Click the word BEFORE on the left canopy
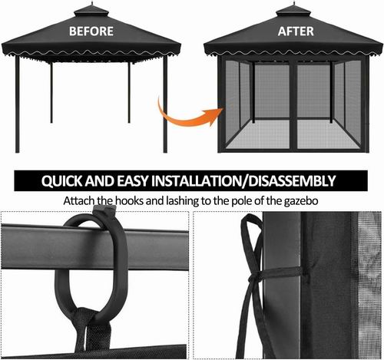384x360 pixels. click(x=91, y=31)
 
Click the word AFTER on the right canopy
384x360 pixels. click(x=296, y=31)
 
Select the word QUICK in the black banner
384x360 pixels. click(x=61, y=181)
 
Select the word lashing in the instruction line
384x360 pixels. click(x=183, y=201)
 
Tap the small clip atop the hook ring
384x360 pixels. click(x=104, y=211)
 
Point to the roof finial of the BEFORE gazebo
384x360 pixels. click(x=92, y=4)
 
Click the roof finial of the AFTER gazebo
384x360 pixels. click(x=294, y=4)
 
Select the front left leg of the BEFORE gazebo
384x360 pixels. click(x=18, y=104)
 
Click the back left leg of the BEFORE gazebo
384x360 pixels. click(x=51, y=93)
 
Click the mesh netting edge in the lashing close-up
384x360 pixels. click(x=369, y=284)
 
